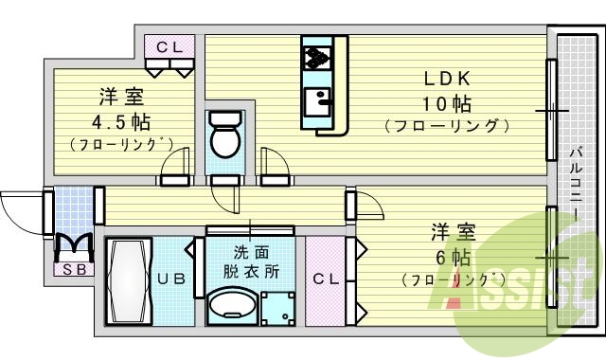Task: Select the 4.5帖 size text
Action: (120, 121)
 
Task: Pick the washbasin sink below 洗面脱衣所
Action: (231, 306)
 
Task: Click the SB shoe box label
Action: (72, 269)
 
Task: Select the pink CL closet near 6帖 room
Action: (327, 279)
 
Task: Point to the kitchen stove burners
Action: (314, 58)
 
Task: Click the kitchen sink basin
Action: (315, 99)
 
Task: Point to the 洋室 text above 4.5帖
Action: (120, 97)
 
